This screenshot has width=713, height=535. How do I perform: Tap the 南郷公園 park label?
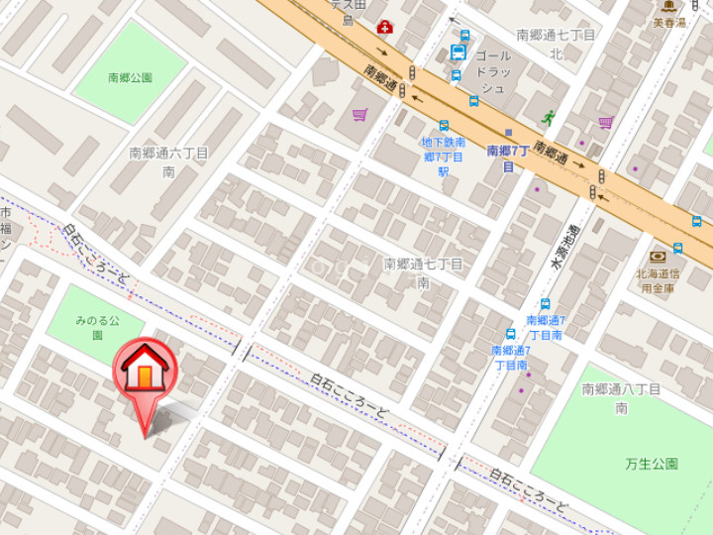[131, 76]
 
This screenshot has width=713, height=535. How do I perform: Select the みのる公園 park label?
[97, 328]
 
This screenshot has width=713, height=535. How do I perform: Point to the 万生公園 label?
[652, 464]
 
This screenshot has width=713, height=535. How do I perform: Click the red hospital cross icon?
[383, 27]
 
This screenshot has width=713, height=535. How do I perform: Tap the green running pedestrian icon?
[548, 118]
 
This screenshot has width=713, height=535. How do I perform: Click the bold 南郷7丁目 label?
[507, 159]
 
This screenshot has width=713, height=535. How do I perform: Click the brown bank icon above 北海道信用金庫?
[657, 257]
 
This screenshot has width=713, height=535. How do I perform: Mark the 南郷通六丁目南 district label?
[169, 161]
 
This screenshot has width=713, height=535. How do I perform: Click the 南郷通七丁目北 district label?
[556, 44]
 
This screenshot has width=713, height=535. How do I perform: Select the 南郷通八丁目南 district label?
[621, 398]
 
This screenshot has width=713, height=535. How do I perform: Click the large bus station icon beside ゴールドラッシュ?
[459, 53]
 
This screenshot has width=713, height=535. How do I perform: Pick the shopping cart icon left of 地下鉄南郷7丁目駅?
[358, 116]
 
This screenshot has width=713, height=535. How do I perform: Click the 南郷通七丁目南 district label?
[423, 272]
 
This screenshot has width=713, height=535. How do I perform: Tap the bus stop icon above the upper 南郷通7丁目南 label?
[545, 305]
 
